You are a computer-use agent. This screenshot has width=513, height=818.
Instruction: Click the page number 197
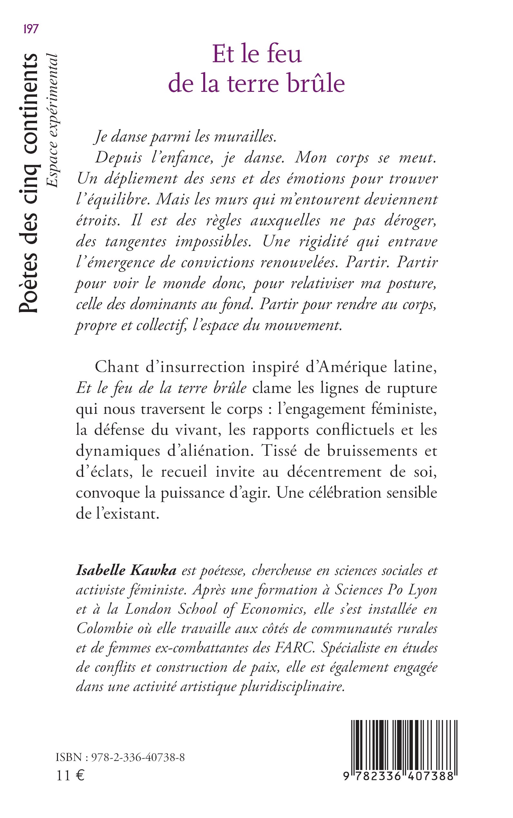[31, 29]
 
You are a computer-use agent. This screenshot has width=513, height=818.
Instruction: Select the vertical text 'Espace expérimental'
[52, 121]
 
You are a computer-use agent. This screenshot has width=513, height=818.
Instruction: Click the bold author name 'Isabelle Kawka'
[126, 570]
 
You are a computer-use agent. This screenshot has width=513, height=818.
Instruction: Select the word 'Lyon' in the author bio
[422, 590]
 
